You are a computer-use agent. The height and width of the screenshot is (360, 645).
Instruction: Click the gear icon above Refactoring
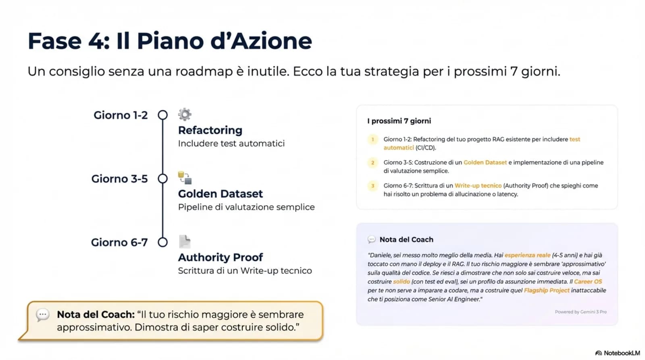pyautogui.click(x=185, y=114)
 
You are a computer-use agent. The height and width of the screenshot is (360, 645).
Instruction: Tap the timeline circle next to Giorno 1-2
pyautogui.click(x=162, y=115)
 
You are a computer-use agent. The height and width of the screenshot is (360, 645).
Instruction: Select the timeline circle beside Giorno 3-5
pyautogui.click(x=162, y=179)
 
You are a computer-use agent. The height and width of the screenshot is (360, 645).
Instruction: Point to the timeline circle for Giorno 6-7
pyautogui.click(x=162, y=242)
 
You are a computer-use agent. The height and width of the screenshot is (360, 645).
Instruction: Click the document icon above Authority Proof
pyautogui.click(x=184, y=241)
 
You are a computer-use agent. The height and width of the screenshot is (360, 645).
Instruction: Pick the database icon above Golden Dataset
pyautogui.click(x=185, y=178)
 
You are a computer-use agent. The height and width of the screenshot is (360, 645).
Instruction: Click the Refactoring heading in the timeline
pyautogui.click(x=210, y=130)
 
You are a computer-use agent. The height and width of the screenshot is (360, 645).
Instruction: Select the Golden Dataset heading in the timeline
pyautogui.click(x=220, y=194)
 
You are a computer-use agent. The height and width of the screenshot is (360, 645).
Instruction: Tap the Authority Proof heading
pyautogui.click(x=220, y=257)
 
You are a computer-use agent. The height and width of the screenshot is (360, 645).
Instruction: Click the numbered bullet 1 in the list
pyautogui.click(x=372, y=139)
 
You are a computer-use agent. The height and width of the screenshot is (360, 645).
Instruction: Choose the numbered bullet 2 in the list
pyautogui.click(x=372, y=162)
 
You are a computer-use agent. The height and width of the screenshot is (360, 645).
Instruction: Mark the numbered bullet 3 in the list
pyautogui.click(x=372, y=186)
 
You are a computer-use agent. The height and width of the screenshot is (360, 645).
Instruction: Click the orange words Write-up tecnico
pyautogui.click(x=478, y=186)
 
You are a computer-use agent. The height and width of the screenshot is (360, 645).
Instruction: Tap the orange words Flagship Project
pyautogui.click(x=546, y=290)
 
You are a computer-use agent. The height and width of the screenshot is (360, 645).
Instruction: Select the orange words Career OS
pyautogui.click(x=588, y=281)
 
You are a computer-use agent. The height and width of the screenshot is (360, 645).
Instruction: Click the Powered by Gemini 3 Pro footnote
pyautogui.click(x=580, y=312)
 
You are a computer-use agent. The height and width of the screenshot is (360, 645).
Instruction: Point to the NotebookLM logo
pyautogui.click(x=618, y=353)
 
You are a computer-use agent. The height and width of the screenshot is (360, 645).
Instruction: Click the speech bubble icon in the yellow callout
pyautogui.click(x=43, y=315)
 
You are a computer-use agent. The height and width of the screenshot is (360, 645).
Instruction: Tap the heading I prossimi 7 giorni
pyautogui.click(x=399, y=121)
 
